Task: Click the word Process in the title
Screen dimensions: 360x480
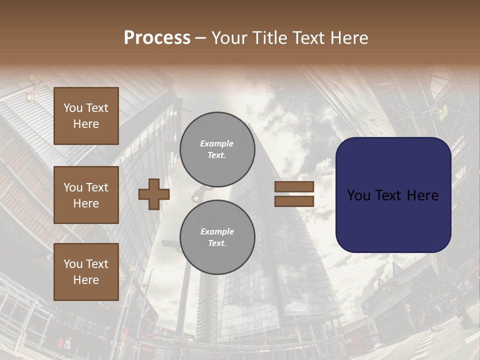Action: pos(157,38)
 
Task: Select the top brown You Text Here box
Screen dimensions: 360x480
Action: pos(86,116)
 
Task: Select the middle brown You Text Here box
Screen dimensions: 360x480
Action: pos(86,195)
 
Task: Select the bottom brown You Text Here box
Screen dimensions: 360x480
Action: pos(86,272)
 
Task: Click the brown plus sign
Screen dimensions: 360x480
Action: pos(153,194)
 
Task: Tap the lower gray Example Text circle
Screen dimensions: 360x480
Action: pos(217,237)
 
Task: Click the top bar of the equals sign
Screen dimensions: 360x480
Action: pos(294,187)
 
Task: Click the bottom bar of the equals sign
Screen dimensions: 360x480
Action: pos(294,201)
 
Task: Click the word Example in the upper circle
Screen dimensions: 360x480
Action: pos(217,143)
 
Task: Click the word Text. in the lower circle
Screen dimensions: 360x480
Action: pos(217,243)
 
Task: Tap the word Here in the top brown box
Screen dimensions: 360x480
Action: pos(86,124)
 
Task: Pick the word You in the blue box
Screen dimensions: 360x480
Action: pos(358,195)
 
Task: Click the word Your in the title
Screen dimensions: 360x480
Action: pos(229,38)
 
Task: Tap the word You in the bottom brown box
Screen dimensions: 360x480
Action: pos(73,264)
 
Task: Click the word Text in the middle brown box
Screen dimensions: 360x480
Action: pos(97,187)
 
